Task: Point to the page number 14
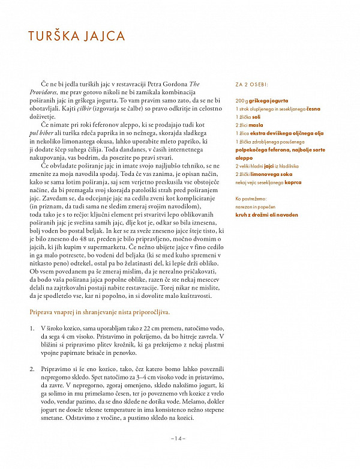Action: coord(179,438)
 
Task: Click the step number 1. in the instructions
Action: coord(32,329)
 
